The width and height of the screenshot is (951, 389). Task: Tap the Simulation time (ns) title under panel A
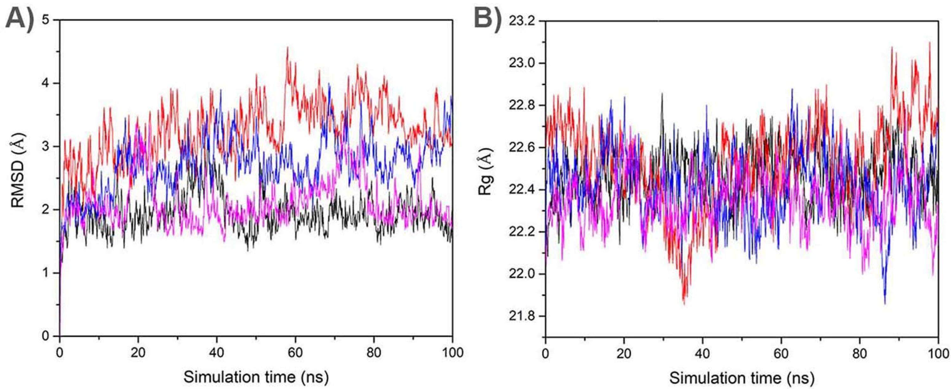256,377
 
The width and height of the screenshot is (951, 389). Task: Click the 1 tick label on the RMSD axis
46,273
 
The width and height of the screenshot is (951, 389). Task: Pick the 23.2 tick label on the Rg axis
521,21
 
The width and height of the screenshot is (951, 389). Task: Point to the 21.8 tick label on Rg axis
521,316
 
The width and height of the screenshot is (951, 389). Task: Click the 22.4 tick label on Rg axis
521,190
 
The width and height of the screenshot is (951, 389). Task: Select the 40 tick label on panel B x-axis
703,353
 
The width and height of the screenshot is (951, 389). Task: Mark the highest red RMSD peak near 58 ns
287,47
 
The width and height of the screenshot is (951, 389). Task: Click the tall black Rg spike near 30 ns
662,94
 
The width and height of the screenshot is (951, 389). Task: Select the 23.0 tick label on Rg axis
521,63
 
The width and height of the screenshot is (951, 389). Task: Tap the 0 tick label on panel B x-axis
546,353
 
